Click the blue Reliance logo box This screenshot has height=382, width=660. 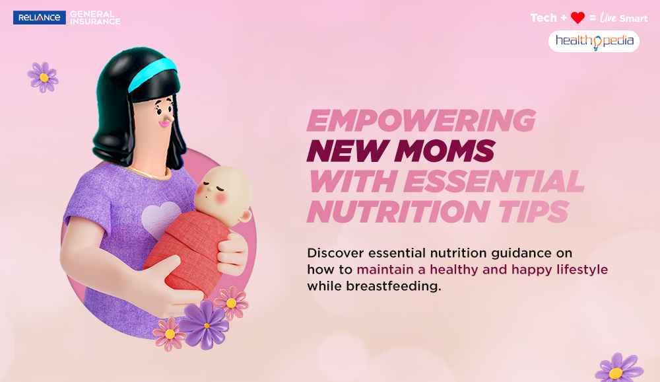pos(40,17)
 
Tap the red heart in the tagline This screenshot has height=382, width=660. pos(577,18)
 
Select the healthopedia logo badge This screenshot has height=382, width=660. pos(594,42)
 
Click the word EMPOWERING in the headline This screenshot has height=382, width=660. pos(421,120)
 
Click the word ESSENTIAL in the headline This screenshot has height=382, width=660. pos(494,181)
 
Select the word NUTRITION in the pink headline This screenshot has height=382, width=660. pos(399,211)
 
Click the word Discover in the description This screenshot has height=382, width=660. pos(335,253)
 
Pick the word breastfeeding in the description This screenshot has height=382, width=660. pos(393,286)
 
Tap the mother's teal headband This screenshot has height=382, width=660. pos(152,73)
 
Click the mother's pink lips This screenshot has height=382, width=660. pos(165,123)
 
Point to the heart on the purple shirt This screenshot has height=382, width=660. pos(161,218)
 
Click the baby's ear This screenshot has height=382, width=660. pos(246,216)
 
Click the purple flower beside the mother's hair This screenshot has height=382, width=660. pos(44,77)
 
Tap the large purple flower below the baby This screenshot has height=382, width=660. pos(205,325)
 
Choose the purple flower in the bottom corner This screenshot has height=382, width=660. pos(618,369)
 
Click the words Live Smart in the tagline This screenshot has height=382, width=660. pos(624,18)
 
